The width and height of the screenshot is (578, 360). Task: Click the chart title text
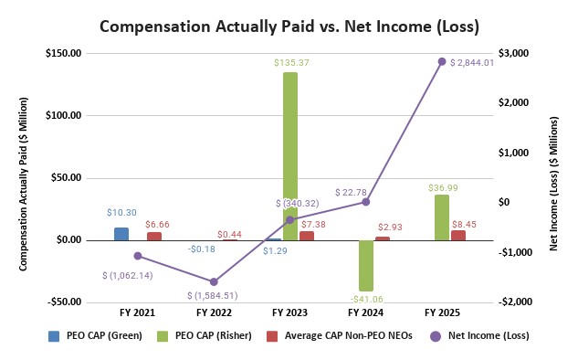(x=289, y=26)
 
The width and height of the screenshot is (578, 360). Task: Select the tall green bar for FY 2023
(x=289, y=155)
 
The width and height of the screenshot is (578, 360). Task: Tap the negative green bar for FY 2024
(x=365, y=265)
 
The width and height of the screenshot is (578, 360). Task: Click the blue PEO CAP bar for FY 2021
(x=121, y=234)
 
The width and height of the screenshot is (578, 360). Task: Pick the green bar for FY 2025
(x=441, y=217)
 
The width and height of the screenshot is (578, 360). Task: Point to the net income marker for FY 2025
(x=442, y=62)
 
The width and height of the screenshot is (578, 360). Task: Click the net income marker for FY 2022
(x=214, y=281)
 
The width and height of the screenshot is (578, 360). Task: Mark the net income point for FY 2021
(x=138, y=256)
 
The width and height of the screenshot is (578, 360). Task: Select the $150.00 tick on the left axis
(x=64, y=53)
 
